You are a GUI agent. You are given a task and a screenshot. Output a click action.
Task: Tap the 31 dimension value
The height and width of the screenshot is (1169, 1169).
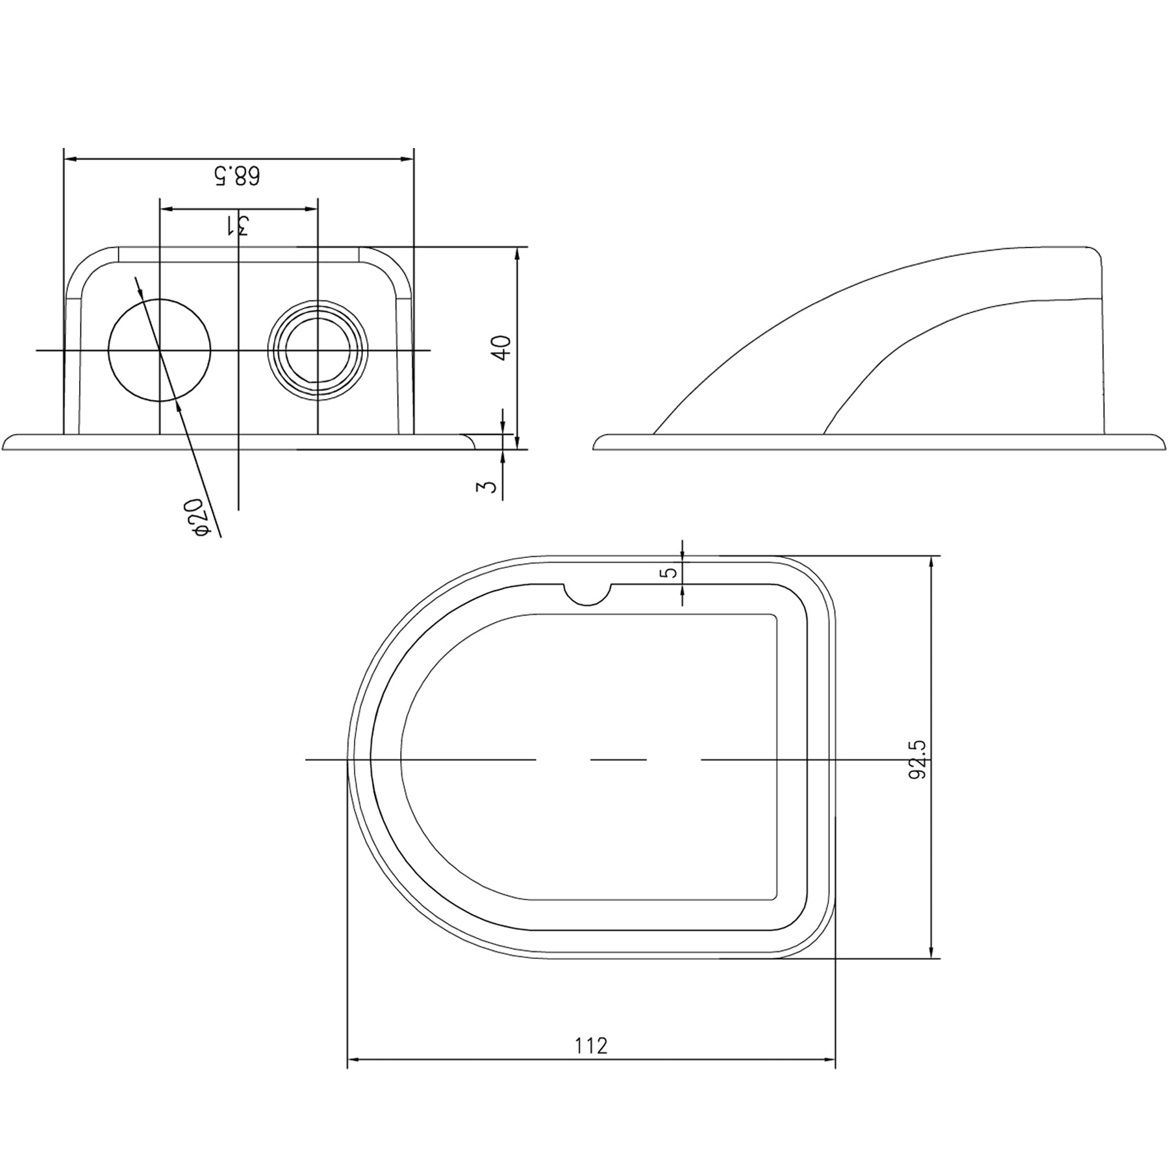(x=238, y=225)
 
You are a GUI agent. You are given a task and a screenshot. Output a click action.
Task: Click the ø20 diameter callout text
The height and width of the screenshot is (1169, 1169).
(x=198, y=518)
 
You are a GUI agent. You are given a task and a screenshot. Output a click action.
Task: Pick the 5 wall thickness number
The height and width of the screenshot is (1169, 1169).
(x=671, y=572)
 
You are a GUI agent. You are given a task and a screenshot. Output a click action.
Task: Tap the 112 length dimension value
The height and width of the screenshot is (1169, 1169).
(x=591, y=1064)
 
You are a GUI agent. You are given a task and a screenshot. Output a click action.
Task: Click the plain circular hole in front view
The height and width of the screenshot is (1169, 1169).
(x=160, y=350)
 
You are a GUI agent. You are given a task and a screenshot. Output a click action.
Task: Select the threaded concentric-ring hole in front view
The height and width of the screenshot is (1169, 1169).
(x=318, y=350)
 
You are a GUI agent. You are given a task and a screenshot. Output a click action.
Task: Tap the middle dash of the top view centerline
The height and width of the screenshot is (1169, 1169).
(x=618, y=759)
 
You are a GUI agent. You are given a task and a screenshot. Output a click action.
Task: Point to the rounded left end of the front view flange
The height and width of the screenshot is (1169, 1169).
(x=8, y=442)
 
